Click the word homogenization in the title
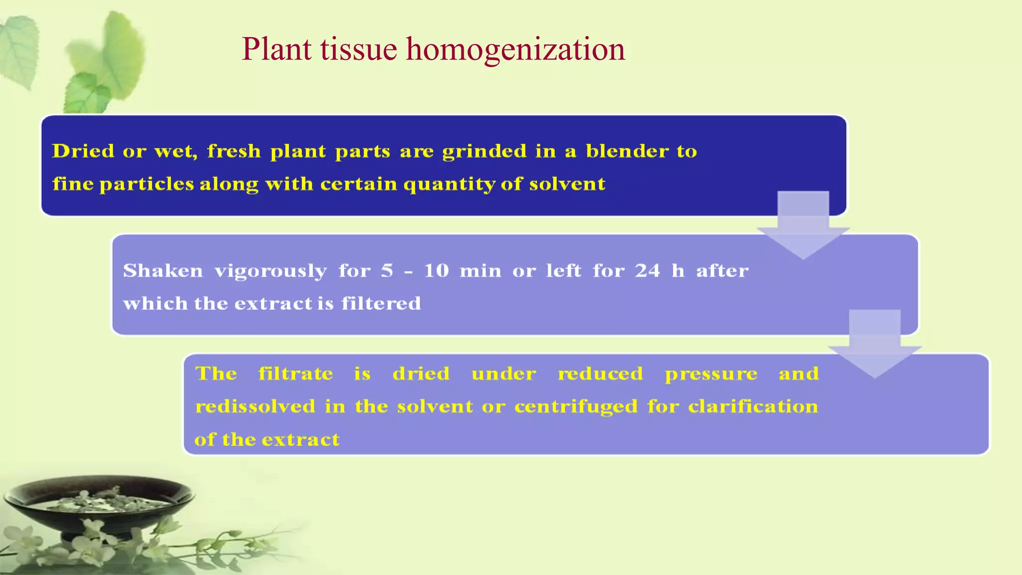pyautogui.click(x=515, y=50)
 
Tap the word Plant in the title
pyautogui.click(x=276, y=50)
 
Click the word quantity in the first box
pyautogui.click(x=449, y=185)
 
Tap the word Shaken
pyautogui.click(x=163, y=271)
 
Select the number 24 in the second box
pyautogui.click(x=647, y=271)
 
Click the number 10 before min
pyautogui.click(x=436, y=271)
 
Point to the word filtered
pyautogui.click(x=381, y=303)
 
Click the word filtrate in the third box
pyautogui.click(x=295, y=373)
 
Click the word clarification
pyautogui.click(x=753, y=406)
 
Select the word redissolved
pyautogui.click(x=255, y=406)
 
